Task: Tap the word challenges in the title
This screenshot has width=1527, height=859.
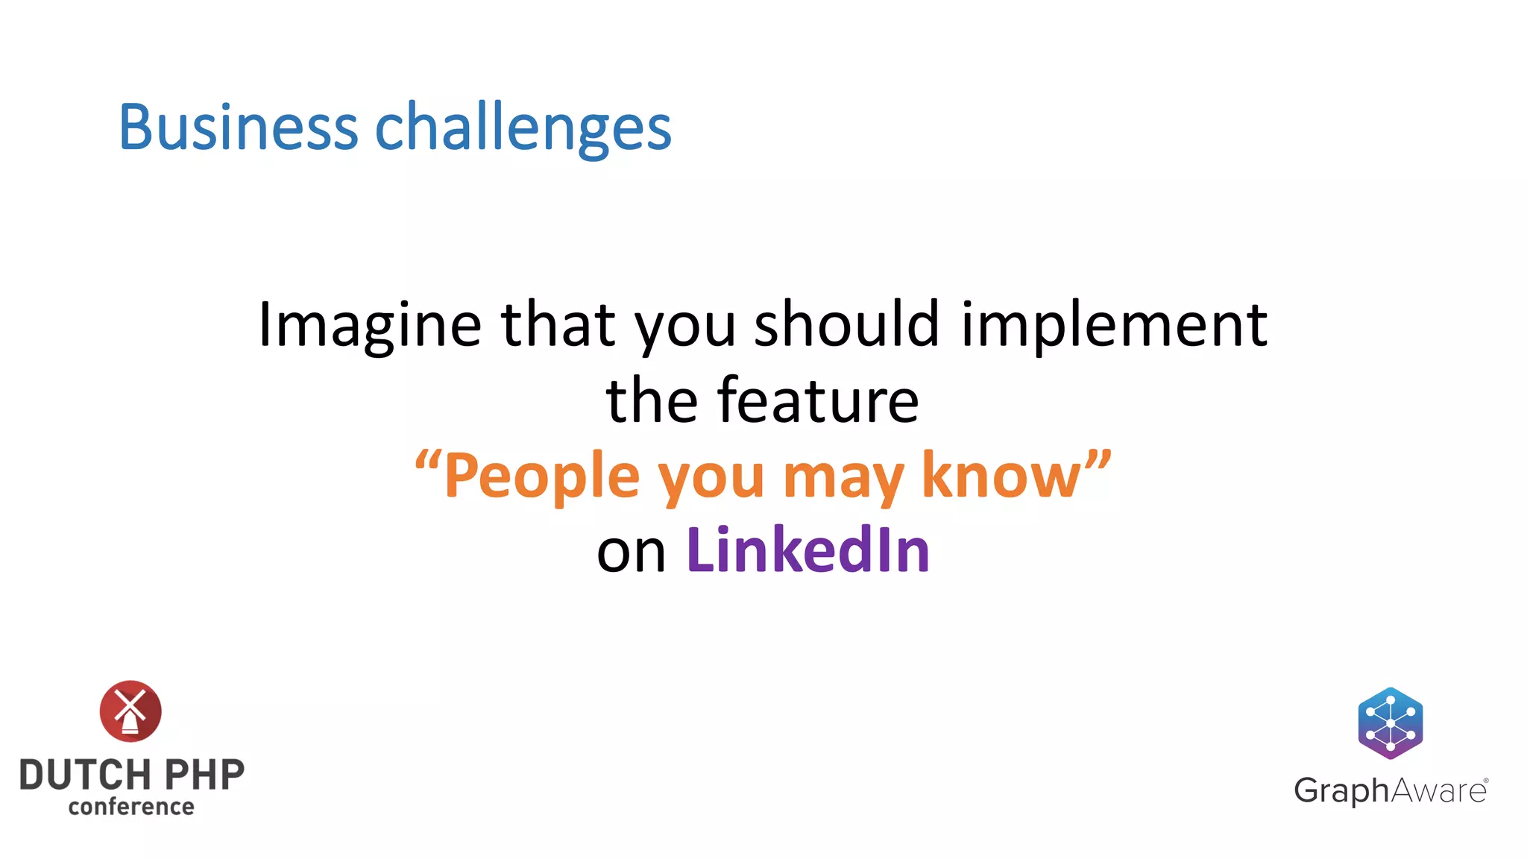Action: pyautogui.click(x=523, y=128)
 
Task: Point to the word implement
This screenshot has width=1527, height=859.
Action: pyautogui.click(x=1114, y=325)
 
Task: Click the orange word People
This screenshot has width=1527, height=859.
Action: pyautogui.click(x=542, y=476)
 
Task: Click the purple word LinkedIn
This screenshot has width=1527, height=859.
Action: pyautogui.click(x=807, y=550)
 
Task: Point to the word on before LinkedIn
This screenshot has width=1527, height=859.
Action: pyautogui.click(x=631, y=553)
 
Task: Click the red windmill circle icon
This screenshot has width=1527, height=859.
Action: pyautogui.click(x=130, y=711)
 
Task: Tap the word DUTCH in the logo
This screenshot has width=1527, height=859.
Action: pyautogui.click(x=84, y=775)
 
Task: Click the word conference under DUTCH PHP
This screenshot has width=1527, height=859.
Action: pyautogui.click(x=131, y=807)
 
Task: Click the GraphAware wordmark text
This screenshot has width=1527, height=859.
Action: pyautogui.click(x=1390, y=790)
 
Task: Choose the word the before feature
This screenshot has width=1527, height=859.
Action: pyautogui.click(x=651, y=400)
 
